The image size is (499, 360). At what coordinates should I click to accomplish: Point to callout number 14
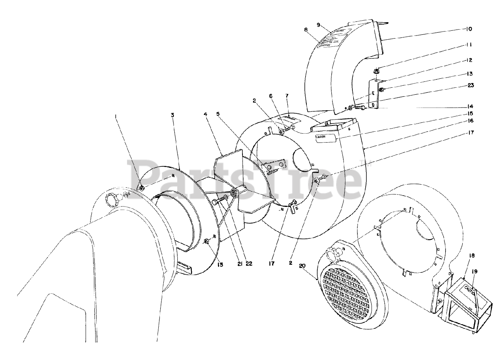pos(471,106)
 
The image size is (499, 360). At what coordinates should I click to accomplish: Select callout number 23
pos(471,85)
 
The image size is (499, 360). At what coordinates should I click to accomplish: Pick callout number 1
pos(115,116)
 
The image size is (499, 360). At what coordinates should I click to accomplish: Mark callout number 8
pos(306,29)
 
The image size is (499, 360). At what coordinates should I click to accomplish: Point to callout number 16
pos(471,121)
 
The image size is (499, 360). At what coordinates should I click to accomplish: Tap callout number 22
pos(249,264)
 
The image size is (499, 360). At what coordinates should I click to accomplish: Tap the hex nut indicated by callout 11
pos(377,71)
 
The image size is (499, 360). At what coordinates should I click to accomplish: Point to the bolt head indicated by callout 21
pos(215,201)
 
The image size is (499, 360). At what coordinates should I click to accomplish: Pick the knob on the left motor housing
pos(113,200)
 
